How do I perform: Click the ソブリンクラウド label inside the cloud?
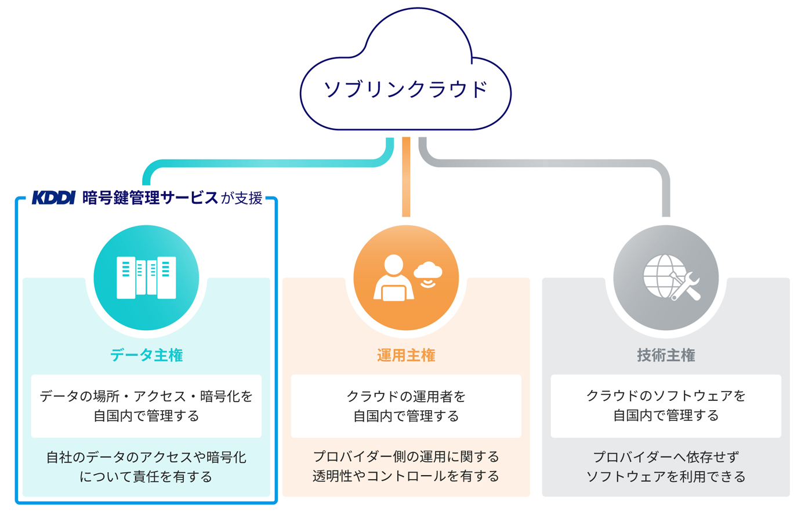click(x=405, y=89)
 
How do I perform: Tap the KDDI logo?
click(x=53, y=198)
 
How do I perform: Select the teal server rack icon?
click(x=146, y=278)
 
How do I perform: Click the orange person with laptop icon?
click(x=393, y=278)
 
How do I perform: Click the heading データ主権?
click(x=146, y=355)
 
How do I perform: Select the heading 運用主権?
click(x=406, y=355)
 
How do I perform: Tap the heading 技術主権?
click(x=666, y=355)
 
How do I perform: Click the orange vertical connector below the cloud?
click(x=406, y=177)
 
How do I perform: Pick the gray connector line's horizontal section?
click(x=544, y=163)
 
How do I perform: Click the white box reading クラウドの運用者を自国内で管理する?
click(x=406, y=406)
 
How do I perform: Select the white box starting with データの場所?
click(x=146, y=406)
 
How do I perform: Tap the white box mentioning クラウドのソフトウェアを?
click(x=666, y=406)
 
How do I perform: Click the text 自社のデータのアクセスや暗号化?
click(x=146, y=457)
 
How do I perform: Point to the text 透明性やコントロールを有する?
click(x=406, y=476)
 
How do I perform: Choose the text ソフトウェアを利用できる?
click(x=666, y=476)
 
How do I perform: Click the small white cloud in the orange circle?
click(x=428, y=270)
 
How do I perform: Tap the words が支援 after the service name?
click(x=241, y=198)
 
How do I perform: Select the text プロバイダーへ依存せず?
click(x=666, y=457)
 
